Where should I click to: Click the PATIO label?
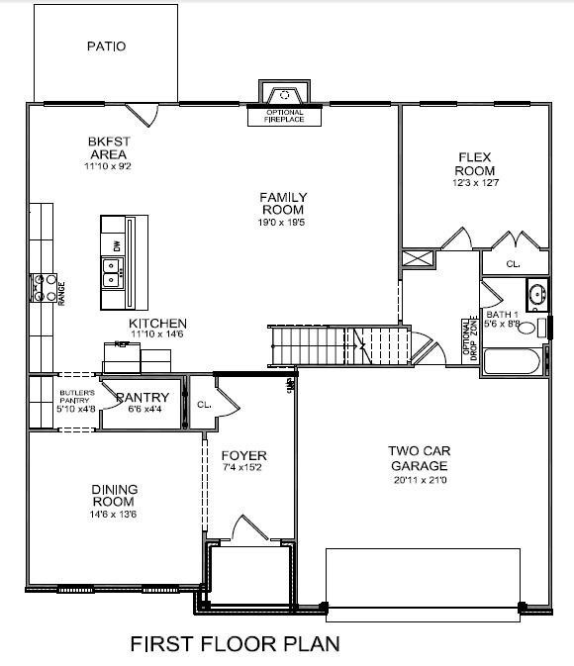tap(106, 46)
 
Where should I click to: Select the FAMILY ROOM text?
tap(282, 203)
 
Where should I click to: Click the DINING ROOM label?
tap(115, 495)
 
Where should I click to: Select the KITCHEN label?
tap(158, 324)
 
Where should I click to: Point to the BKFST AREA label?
tap(109, 148)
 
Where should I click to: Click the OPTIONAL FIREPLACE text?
tap(284, 117)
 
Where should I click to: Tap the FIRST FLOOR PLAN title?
tap(236, 643)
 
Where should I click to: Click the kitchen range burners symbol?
tap(45, 287)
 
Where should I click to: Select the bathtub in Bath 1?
tap(512, 361)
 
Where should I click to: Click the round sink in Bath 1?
tap(537, 295)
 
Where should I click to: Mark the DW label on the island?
tap(118, 244)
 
